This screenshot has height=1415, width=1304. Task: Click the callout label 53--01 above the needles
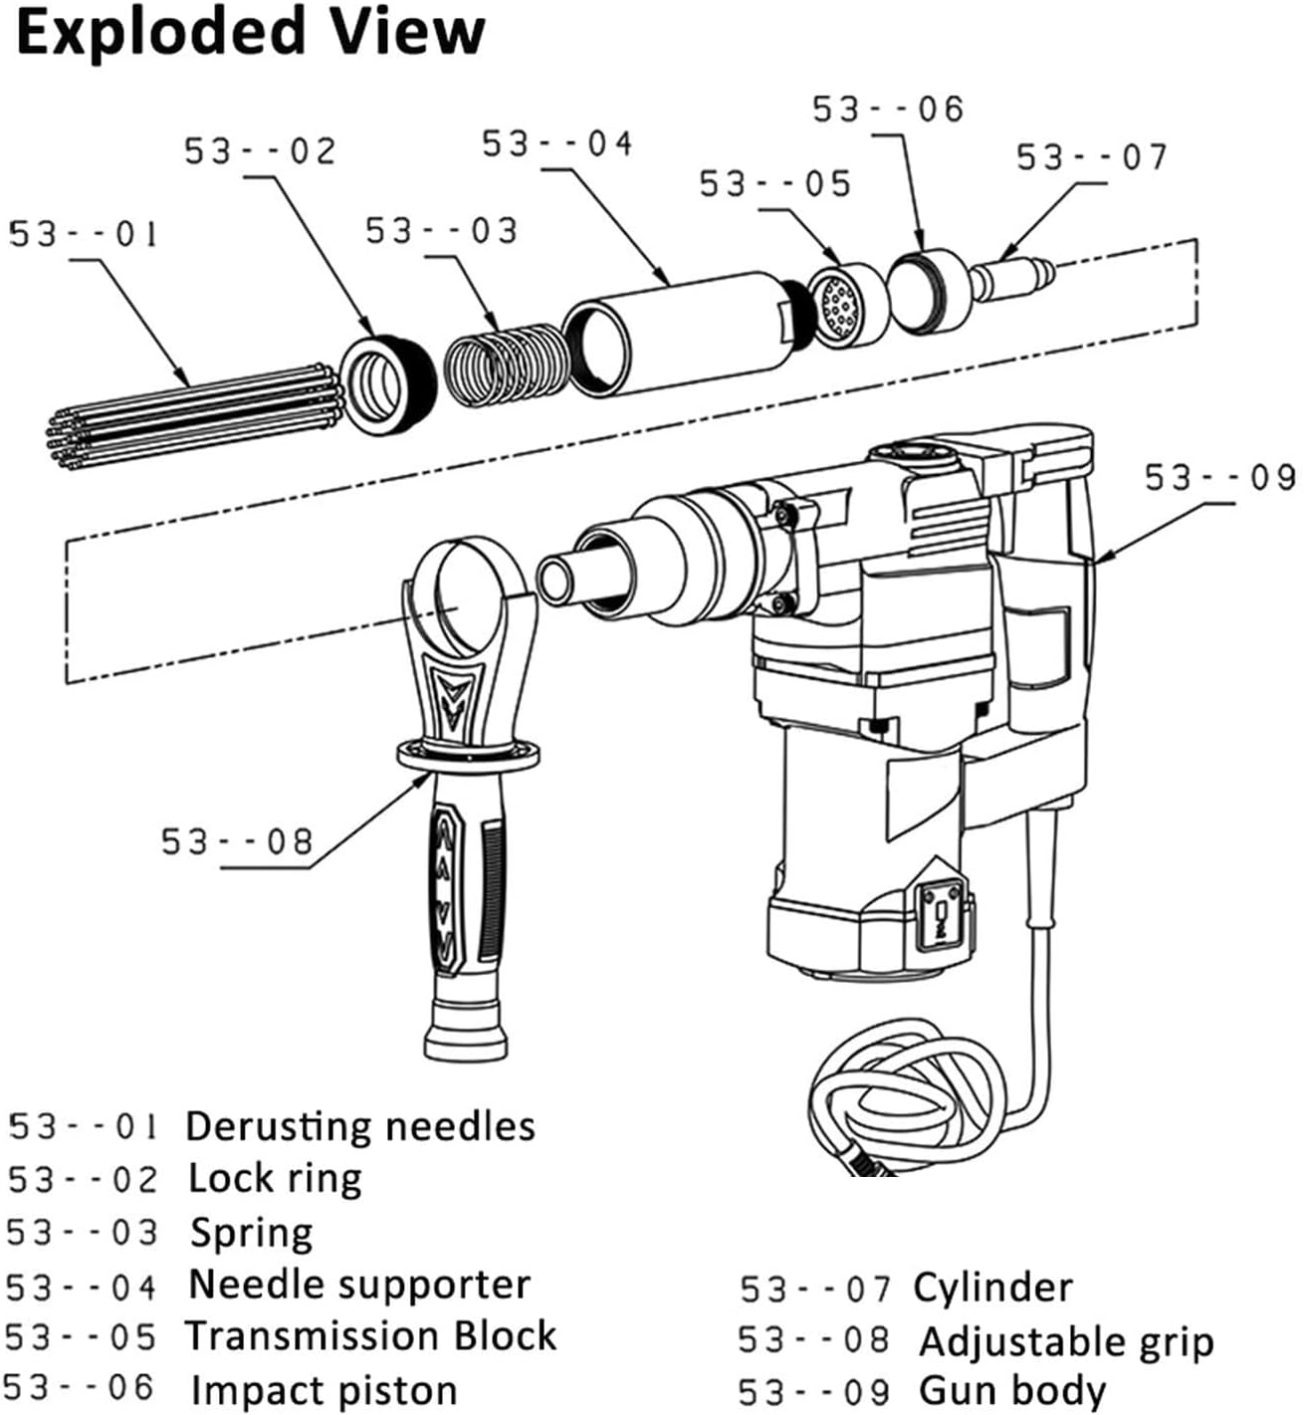click(84, 235)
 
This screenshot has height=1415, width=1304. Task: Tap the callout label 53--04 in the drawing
click(557, 144)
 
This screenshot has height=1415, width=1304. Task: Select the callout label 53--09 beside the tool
click(1220, 478)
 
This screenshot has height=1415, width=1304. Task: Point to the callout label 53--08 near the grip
click(237, 841)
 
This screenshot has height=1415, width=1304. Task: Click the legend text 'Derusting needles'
click(359, 1126)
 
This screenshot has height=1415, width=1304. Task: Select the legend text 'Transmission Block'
click(370, 1335)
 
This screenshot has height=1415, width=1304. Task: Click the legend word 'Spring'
click(251, 1233)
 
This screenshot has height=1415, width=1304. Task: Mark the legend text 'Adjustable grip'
click(1066, 1341)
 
